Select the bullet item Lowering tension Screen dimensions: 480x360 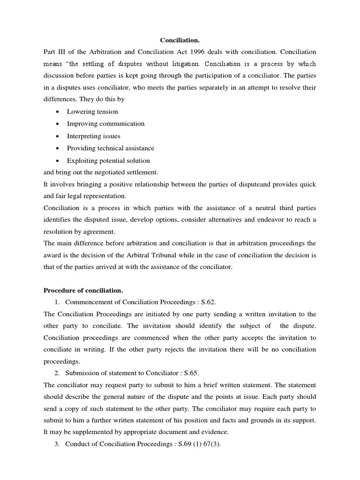tap(92, 112)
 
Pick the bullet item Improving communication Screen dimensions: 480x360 tap(105, 124)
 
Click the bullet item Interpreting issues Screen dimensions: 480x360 tap(93, 136)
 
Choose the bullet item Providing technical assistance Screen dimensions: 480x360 tap(110, 148)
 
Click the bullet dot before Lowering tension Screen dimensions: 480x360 tap(57, 112)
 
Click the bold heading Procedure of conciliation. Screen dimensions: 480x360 tap(83, 291)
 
